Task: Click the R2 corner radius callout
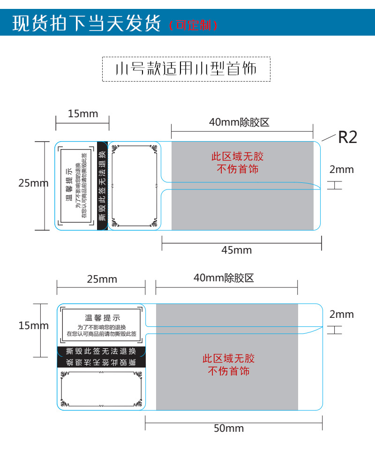347,137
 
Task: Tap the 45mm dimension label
236,250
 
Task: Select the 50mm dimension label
229,428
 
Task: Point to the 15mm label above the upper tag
83,113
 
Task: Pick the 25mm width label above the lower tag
102,279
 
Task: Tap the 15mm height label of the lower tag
33,325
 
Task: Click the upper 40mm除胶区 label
239,123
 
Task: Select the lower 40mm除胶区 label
224,278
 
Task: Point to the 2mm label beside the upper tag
341,169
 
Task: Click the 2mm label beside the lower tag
341,314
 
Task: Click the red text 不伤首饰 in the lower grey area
229,371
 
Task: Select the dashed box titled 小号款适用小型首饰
186,69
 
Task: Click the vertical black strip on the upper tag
102,186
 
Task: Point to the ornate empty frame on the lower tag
101,389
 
